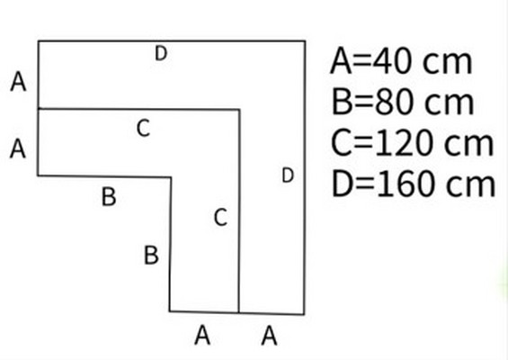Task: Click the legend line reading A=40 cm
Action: tap(401, 61)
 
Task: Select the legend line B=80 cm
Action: tap(403, 103)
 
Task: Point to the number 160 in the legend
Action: tap(406, 184)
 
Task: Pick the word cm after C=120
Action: tap(468, 146)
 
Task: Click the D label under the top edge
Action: tap(161, 53)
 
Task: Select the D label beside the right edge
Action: tap(288, 175)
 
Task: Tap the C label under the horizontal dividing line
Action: tap(143, 128)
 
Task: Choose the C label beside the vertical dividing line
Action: tap(220, 217)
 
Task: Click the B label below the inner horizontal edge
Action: tap(109, 196)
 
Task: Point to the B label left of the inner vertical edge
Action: tap(151, 256)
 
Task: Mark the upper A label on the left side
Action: tap(18, 81)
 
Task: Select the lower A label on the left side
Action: tap(18, 148)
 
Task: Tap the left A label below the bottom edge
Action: tap(202, 336)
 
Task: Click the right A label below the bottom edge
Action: tap(269, 336)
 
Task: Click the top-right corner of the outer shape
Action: tap(305, 40)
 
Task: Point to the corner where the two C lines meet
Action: tap(239, 110)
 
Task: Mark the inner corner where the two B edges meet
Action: tap(171, 177)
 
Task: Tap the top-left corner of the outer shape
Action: tap(39, 40)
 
